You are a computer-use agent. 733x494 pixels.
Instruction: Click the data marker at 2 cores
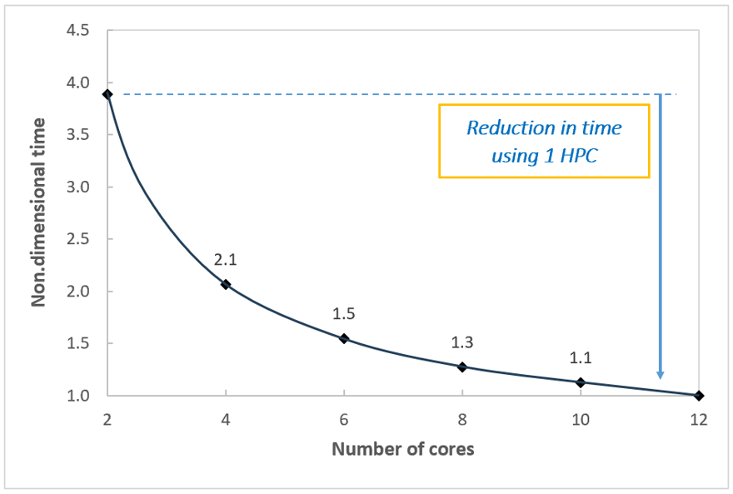tap(107, 94)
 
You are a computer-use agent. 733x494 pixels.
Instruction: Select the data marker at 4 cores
tap(226, 284)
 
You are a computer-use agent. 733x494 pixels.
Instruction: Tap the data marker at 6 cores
tap(344, 338)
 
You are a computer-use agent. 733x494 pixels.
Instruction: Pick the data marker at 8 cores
tap(462, 367)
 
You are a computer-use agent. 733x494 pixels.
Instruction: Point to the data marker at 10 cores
tap(581, 382)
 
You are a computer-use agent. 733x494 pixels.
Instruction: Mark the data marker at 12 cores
tap(699, 396)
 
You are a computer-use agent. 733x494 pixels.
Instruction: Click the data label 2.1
tap(226, 261)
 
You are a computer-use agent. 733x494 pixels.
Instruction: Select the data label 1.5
tap(344, 314)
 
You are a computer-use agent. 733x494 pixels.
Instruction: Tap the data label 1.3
tap(462, 342)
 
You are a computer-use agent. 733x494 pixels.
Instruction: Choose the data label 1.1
tap(581, 358)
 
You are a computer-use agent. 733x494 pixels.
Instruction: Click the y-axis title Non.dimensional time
tap(38, 212)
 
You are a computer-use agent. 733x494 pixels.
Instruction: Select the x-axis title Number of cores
tap(403, 449)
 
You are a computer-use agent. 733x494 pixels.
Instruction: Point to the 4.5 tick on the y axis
tap(80, 31)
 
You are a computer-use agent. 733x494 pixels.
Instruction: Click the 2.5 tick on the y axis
tap(80, 239)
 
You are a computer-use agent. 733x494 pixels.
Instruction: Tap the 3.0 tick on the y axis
tap(80, 187)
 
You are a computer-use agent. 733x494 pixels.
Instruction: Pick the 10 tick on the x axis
tap(581, 420)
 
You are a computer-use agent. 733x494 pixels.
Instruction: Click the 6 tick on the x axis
tap(344, 420)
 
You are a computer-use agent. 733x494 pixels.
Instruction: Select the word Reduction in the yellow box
tap(501, 129)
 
